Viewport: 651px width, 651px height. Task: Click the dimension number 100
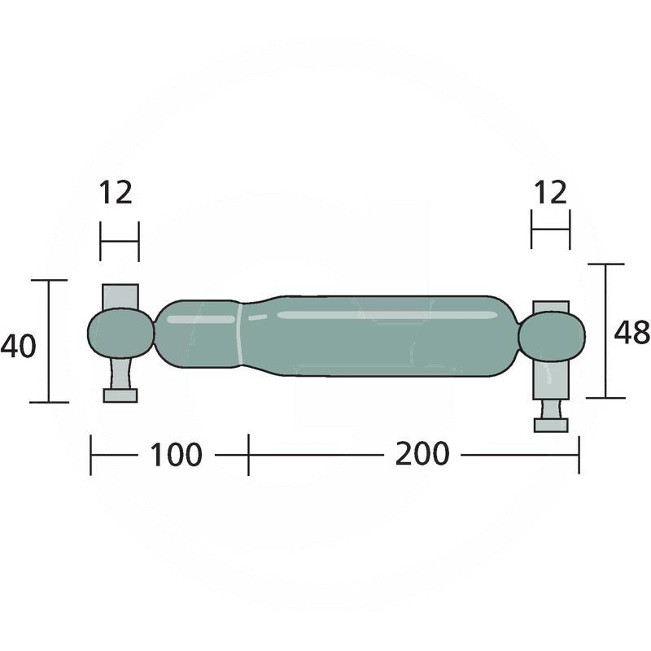click(x=175, y=455)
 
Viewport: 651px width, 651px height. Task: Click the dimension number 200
click(x=422, y=454)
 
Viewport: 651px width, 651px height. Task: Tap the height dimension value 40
click(x=18, y=347)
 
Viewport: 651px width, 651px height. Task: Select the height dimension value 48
click(x=631, y=332)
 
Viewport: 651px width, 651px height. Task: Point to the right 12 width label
click(x=550, y=193)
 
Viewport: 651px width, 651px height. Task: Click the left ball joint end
click(x=120, y=333)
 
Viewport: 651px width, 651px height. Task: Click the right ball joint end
click(x=551, y=337)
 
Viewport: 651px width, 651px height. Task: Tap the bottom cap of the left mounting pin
click(x=120, y=395)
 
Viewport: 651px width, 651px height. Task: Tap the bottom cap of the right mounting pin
click(x=551, y=425)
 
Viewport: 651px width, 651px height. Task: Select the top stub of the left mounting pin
click(x=120, y=295)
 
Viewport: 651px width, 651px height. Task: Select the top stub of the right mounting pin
click(x=551, y=308)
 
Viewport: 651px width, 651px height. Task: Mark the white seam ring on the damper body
click(x=241, y=334)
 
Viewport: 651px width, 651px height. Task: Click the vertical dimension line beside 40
click(x=48, y=341)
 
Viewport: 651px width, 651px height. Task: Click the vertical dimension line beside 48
click(x=605, y=331)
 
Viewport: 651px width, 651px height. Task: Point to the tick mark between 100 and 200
click(x=248, y=454)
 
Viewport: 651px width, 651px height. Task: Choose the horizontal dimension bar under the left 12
click(x=120, y=241)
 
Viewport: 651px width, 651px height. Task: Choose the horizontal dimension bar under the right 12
click(x=550, y=229)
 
